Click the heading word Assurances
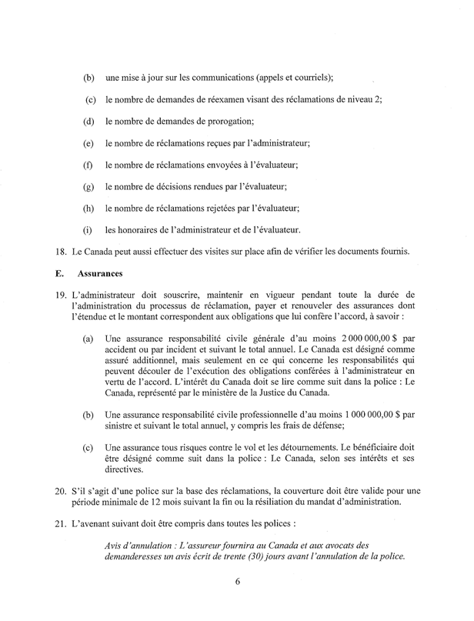100,272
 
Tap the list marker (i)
88,229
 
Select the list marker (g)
88,186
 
